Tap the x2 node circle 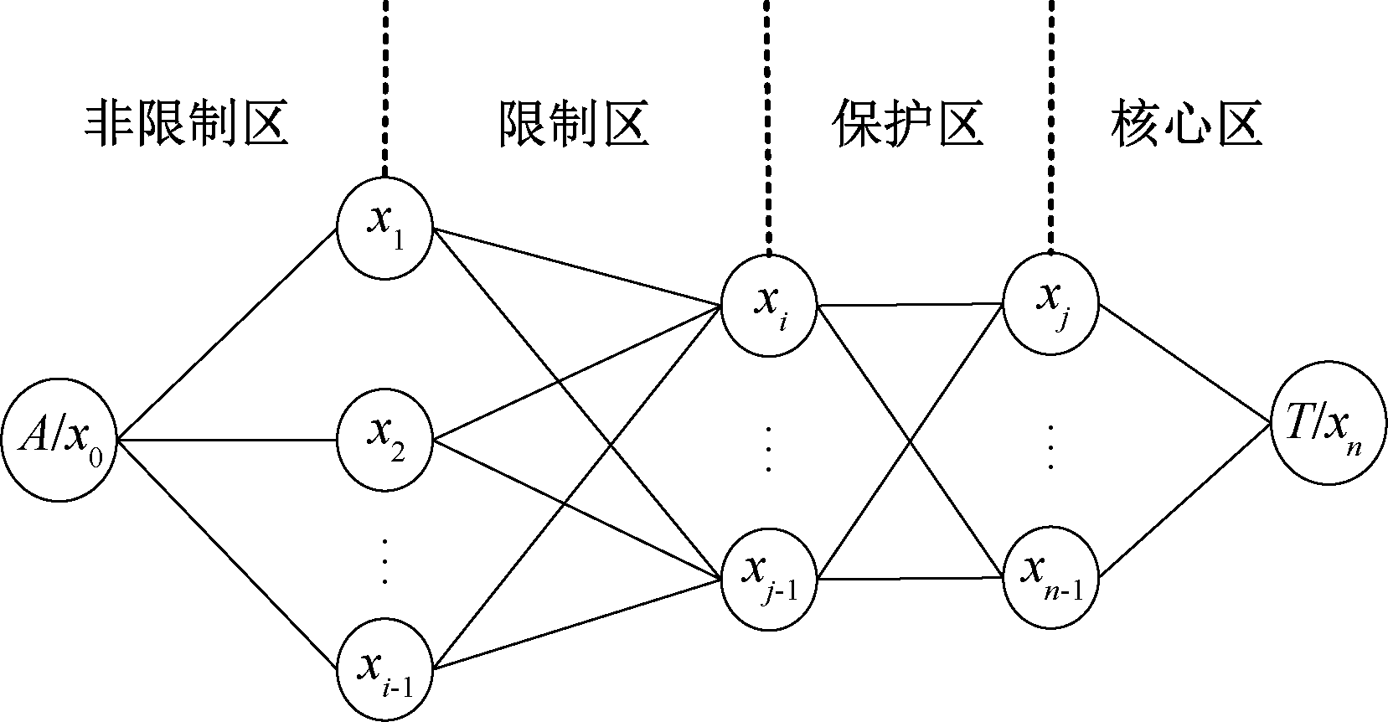point(385,440)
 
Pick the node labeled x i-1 point(385,668)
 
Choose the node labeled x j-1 point(769,578)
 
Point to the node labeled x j point(1051,303)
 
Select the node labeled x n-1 point(1051,578)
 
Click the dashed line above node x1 point(385,84)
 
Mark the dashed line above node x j point(1051,126)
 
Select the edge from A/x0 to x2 point(226,440)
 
